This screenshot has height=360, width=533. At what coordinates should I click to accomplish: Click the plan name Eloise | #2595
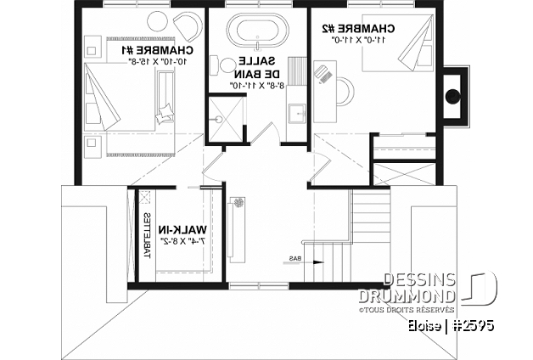coord(450,326)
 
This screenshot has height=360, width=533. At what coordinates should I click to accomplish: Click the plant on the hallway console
coord(239,202)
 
